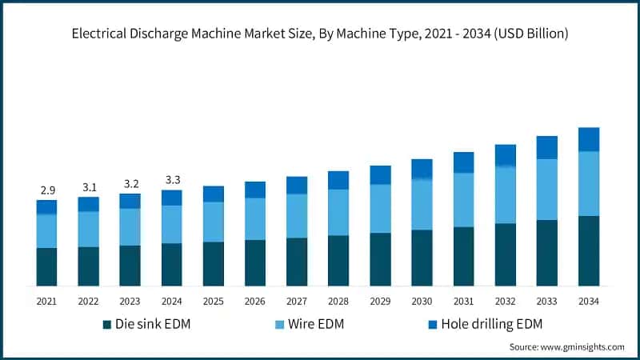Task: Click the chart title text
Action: [319, 34]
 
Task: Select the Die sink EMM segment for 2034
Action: [589, 250]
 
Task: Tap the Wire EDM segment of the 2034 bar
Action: [589, 183]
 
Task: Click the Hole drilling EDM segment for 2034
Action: [589, 139]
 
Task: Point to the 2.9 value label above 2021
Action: [46, 190]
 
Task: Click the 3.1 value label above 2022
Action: [88, 187]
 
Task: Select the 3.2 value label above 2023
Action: [130, 183]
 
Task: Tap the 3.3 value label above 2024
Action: [171, 180]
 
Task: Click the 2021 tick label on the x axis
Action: [46, 301]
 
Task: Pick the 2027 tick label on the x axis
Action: [297, 301]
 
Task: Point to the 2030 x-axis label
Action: [422, 301]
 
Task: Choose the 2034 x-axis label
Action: [589, 301]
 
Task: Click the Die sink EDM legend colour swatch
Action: [107, 324]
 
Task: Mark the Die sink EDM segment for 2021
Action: [46, 266]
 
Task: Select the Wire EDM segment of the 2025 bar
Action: [213, 222]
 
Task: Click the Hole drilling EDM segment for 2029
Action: [380, 175]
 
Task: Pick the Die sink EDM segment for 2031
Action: [463, 256]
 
